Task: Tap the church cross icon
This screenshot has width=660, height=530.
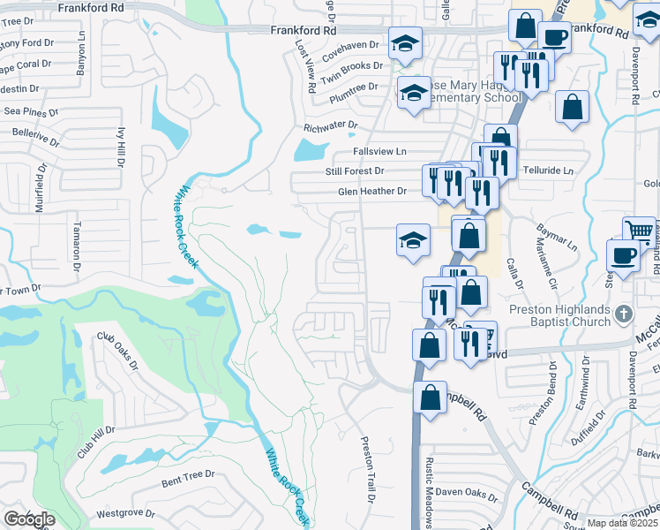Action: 624,314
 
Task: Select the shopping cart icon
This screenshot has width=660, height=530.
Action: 638,231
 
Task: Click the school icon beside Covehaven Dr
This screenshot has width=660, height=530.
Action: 405,43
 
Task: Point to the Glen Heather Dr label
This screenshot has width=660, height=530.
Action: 371,191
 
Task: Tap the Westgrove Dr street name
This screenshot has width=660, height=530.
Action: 125,512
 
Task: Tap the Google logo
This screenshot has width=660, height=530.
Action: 29,519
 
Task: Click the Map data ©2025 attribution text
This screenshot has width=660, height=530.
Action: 622,523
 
